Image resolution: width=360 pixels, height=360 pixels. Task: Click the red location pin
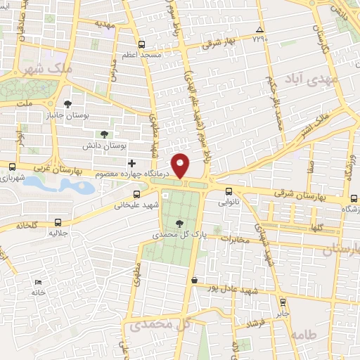click(x=181, y=166)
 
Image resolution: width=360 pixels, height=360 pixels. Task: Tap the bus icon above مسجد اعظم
click(x=142, y=44)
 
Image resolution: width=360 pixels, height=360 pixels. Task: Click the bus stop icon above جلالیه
click(x=58, y=223)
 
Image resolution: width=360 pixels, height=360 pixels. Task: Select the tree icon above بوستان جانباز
click(x=67, y=103)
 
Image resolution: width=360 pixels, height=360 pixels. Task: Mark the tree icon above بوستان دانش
click(x=104, y=133)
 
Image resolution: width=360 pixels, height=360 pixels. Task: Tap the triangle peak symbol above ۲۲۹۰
click(x=260, y=30)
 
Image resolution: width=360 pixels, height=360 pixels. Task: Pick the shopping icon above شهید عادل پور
click(x=194, y=280)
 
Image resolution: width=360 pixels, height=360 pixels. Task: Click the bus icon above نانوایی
click(x=229, y=191)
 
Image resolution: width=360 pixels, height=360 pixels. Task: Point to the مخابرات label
click(x=236, y=239)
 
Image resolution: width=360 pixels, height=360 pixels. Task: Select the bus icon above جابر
click(x=283, y=302)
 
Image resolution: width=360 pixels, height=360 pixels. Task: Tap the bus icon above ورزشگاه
click(x=352, y=199)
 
